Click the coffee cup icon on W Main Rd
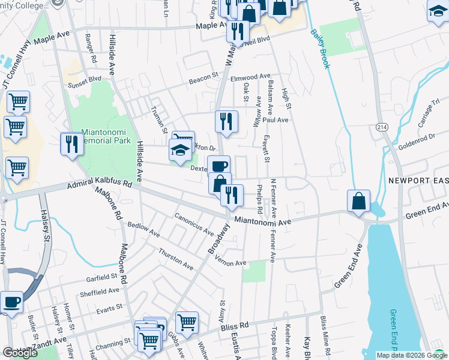218,165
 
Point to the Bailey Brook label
320,48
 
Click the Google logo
20,353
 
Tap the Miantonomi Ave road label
262,221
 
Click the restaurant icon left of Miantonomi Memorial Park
71,144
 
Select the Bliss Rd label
235,326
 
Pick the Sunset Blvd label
86,79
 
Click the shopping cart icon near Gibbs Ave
187,322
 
